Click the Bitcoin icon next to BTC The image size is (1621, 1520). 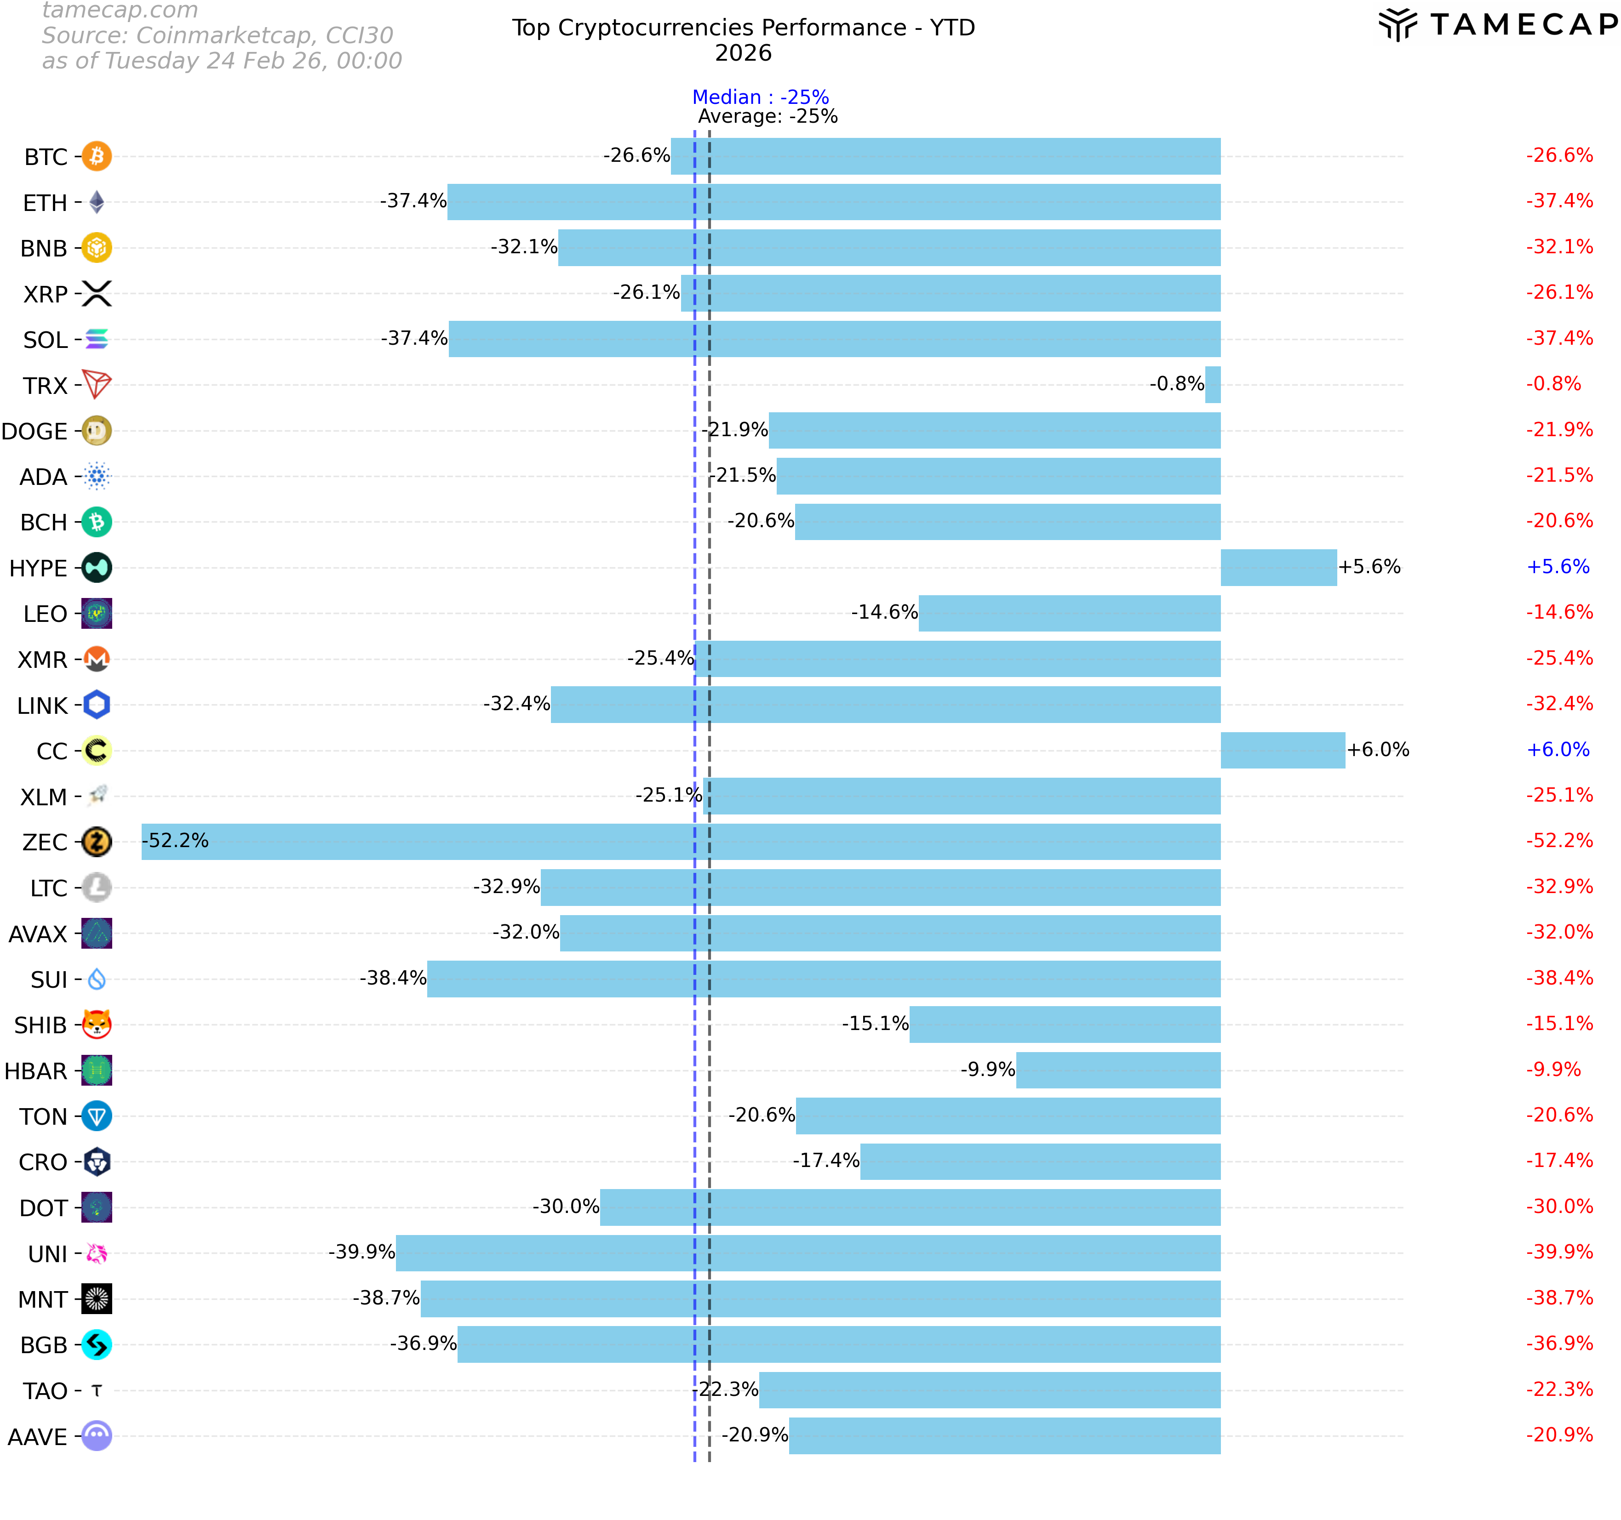click(x=97, y=156)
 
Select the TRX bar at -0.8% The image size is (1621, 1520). click(x=1213, y=385)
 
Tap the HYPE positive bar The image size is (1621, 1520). click(x=1278, y=567)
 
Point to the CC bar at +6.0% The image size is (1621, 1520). click(x=1282, y=750)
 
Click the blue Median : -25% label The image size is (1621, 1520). click(x=760, y=97)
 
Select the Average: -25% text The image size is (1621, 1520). click(x=768, y=117)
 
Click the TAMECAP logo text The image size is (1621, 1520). click(x=1522, y=24)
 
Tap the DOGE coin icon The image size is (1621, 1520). click(x=97, y=430)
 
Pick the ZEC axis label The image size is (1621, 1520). click(x=45, y=842)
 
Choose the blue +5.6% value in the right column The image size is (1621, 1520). click(x=1558, y=566)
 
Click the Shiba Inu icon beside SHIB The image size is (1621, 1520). click(x=97, y=1024)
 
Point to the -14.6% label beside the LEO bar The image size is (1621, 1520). click(x=884, y=612)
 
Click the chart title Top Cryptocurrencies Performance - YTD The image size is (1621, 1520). click(x=743, y=28)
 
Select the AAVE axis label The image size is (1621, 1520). click(x=38, y=1436)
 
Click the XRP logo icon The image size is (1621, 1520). click(x=97, y=293)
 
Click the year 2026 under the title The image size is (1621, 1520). click(x=743, y=53)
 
